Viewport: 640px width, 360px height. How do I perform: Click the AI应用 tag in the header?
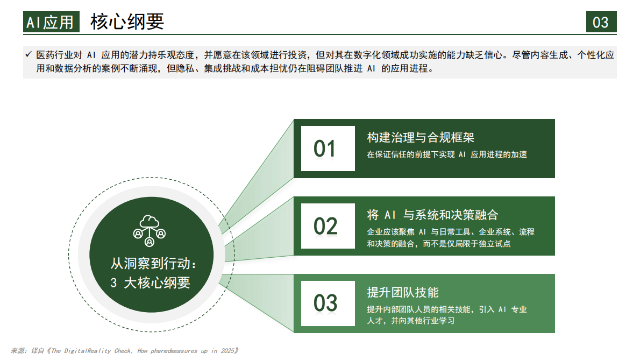51,22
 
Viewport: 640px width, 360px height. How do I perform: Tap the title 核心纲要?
127,22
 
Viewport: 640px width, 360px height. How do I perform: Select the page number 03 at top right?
601,22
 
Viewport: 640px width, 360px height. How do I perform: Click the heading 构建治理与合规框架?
421,137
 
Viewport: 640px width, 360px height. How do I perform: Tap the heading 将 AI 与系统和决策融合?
432,215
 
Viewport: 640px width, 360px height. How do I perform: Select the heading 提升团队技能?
403,292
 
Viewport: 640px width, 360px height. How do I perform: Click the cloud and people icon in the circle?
150,230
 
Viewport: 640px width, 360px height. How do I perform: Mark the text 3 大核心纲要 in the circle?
151,283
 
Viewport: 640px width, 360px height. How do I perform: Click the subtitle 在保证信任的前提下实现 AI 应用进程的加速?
447,154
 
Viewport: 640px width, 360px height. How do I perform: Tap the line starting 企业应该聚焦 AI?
451,232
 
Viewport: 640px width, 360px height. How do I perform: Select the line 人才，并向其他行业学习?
411,321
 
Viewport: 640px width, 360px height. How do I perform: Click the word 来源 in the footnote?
18,351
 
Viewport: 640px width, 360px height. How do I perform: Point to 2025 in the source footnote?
227,351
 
